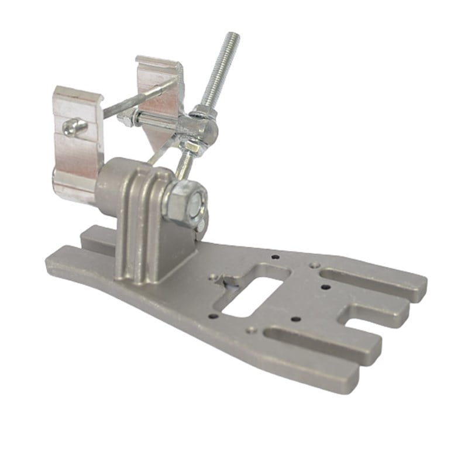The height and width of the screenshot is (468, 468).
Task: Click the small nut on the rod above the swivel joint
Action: pyautogui.click(x=204, y=111)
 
